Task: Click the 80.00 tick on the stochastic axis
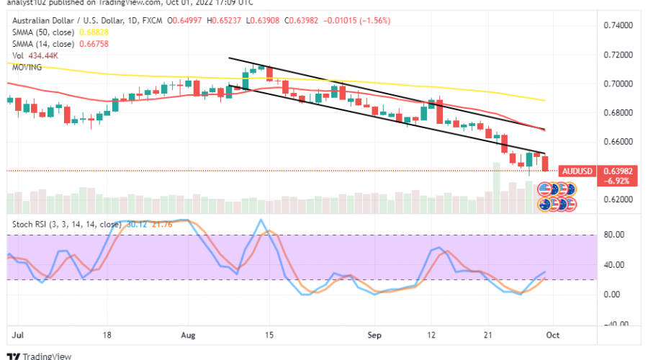[x=613, y=235]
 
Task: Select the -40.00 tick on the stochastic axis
[x=612, y=324]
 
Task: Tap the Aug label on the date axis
[x=188, y=336]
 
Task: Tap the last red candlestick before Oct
[x=544, y=163]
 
